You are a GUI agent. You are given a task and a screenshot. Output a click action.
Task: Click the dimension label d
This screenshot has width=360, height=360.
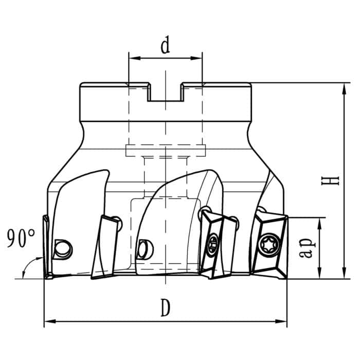(x=165, y=46)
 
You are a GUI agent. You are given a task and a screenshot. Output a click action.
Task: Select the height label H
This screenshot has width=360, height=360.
(x=333, y=181)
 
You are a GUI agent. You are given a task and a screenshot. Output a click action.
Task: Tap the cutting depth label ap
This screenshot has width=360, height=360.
(x=307, y=248)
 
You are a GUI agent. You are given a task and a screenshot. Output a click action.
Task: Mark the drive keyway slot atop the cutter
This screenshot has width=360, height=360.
(x=165, y=93)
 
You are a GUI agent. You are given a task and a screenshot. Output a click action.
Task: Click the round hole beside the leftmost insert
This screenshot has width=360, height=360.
(x=64, y=249)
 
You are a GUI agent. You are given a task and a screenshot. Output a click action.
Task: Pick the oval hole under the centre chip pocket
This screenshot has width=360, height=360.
(x=146, y=249)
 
